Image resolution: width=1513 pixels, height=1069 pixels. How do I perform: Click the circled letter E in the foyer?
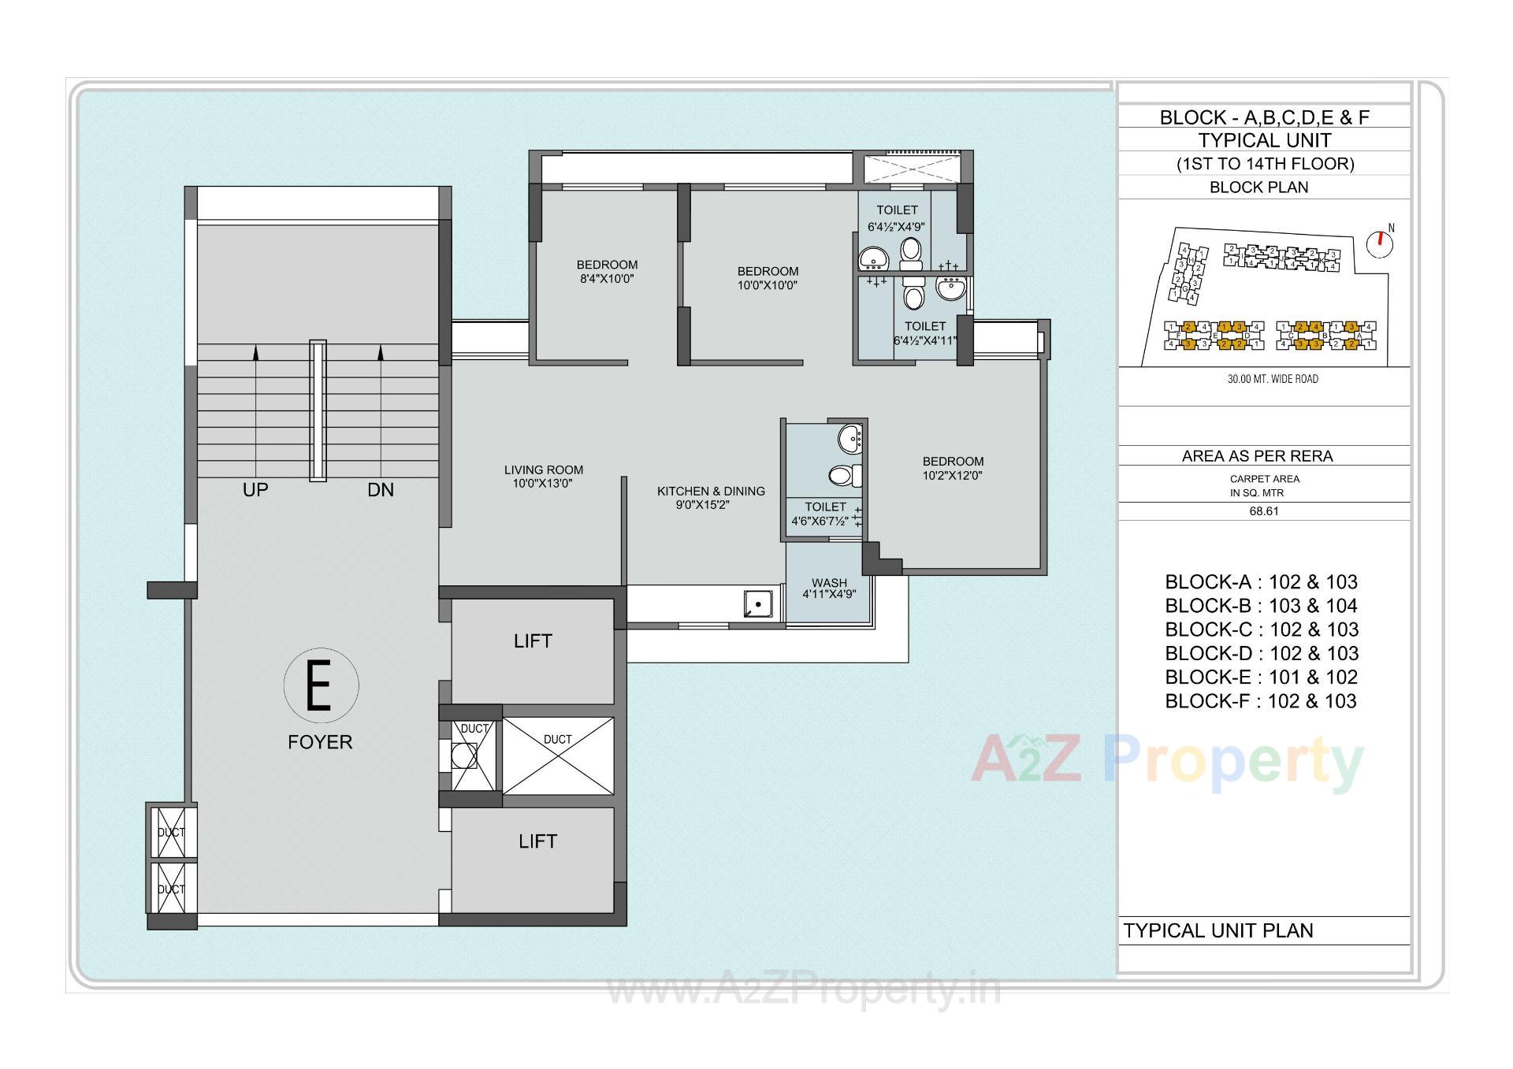click(320, 685)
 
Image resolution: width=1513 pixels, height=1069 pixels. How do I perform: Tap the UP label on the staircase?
click(255, 490)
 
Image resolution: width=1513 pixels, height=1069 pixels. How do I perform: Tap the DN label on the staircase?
click(380, 490)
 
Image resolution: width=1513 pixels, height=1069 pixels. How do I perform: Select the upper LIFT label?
click(533, 641)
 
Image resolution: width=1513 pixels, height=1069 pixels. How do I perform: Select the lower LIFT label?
click(537, 841)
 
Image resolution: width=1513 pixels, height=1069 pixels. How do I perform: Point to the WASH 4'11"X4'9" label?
click(829, 588)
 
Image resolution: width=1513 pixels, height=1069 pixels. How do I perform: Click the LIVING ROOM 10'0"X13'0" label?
click(543, 477)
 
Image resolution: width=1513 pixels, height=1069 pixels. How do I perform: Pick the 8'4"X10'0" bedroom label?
click(607, 272)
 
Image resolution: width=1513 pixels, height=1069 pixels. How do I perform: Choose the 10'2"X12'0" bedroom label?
click(953, 468)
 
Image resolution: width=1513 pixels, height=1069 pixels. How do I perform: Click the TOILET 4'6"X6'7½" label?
click(824, 514)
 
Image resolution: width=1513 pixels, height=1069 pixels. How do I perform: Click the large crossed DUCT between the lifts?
click(558, 755)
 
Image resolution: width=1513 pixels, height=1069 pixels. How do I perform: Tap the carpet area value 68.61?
click(1264, 511)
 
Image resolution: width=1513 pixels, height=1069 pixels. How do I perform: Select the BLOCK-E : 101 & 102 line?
click(1261, 677)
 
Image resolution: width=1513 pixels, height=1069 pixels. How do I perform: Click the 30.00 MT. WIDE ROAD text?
click(1273, 379)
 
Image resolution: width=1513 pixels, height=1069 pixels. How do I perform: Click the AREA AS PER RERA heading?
click(1257, 456)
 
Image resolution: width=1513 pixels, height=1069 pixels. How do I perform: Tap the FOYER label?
click(320, 742)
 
